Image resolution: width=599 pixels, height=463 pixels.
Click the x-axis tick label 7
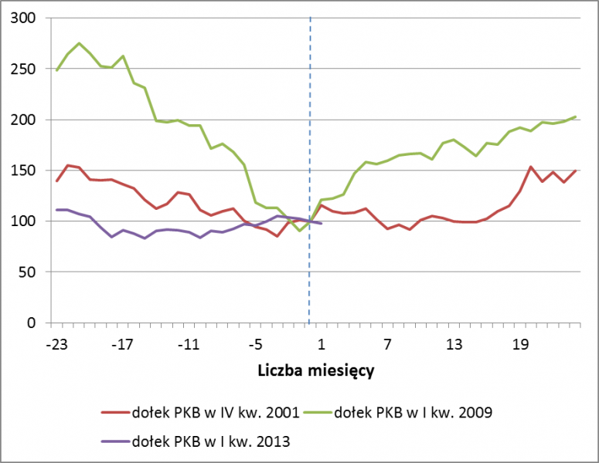[x=387, y=344]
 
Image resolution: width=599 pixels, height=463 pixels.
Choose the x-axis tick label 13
[x=454, y=344]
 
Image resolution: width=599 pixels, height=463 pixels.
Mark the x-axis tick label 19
[x=520, y=344]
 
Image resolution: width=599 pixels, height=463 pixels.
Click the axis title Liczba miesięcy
[x=315, y=371]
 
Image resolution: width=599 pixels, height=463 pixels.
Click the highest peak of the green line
[x=79, y=43]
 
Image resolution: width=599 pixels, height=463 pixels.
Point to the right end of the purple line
[x=321, y=224]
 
